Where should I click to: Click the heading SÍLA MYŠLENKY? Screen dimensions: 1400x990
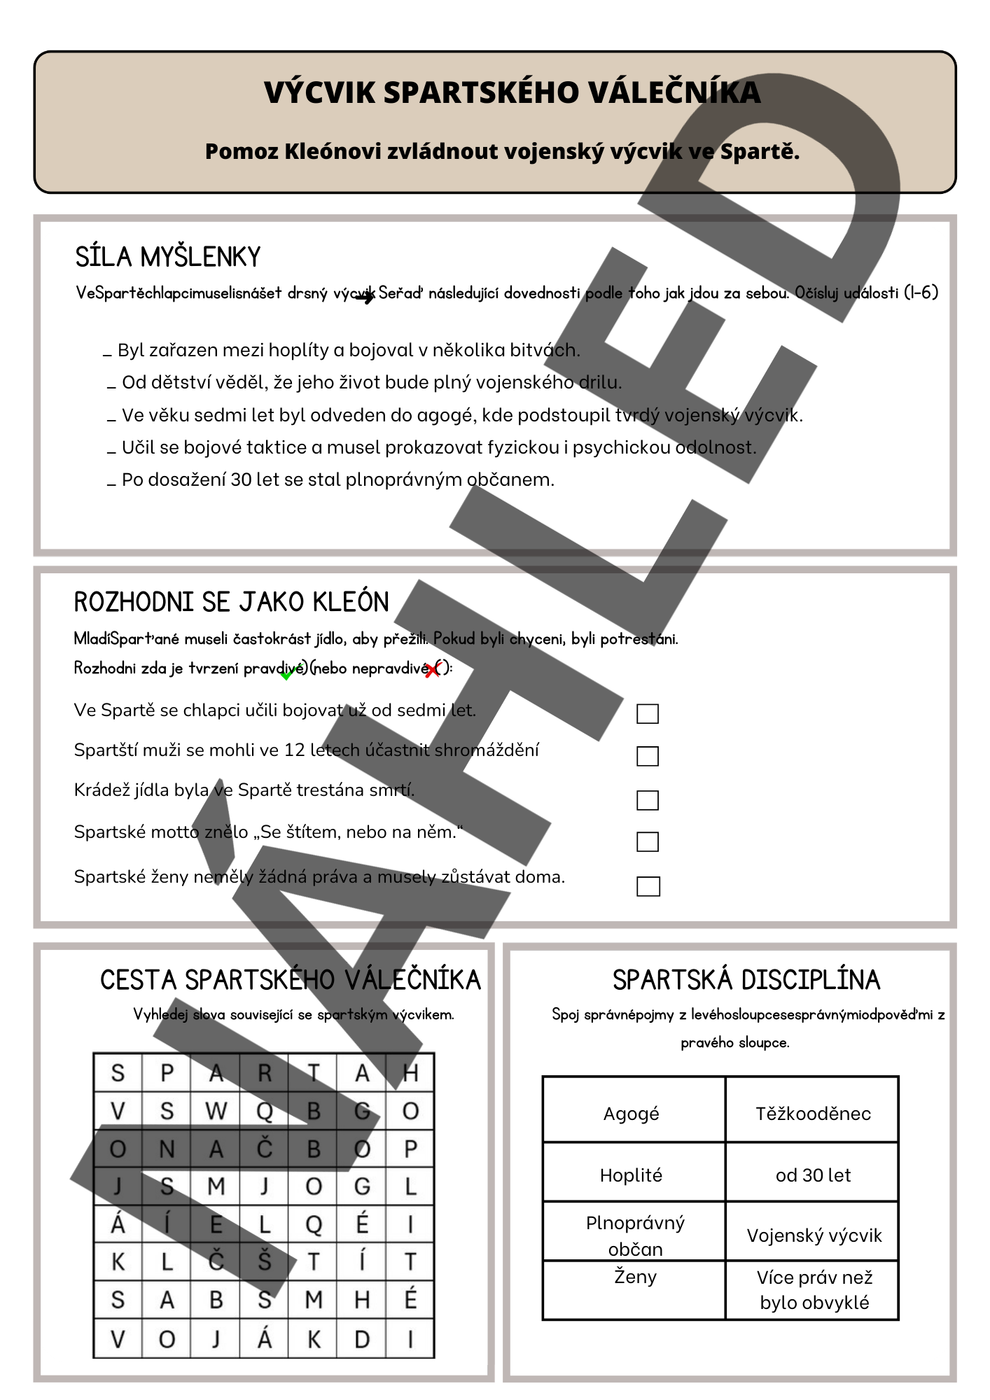[x=168, y=257]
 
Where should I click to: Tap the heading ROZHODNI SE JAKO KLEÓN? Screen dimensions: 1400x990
[x=231, y=602]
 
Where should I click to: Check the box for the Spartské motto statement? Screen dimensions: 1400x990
[x=648, y=841]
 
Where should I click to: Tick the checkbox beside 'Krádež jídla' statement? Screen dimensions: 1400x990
[x=648, y=800]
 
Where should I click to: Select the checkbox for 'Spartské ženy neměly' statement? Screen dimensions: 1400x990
[x=648, y=886]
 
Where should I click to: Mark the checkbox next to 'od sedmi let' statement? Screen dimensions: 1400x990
[x=648, y=713]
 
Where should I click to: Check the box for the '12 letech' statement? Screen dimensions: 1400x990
[x=648, y=756]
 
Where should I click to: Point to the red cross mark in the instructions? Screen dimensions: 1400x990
[x=433, y=670]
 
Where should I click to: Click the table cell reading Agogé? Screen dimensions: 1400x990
[x=632, y=1114]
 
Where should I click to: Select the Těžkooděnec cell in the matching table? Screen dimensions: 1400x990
[x=813, y=1114]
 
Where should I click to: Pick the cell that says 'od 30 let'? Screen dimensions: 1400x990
[x=813, y=1175]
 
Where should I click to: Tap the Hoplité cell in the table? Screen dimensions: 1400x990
[x=632, y=1175]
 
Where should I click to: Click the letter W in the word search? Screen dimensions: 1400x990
[x=216, y=1111]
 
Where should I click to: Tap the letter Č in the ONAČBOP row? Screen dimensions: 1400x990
[x=265, y=1149]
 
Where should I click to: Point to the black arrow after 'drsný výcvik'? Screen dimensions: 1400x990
[x=365, y=297]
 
